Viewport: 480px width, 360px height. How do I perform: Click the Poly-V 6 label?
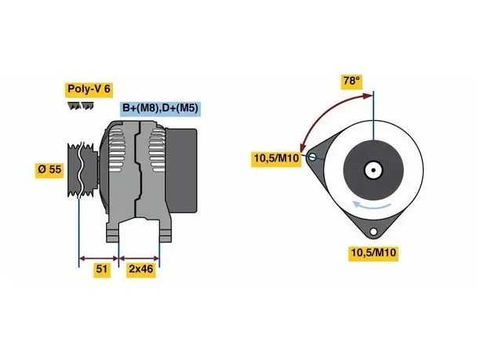pyautogui.click(x=89, y=89)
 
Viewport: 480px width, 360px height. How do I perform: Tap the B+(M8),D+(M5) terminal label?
pyautogui.click(x=160, y=108)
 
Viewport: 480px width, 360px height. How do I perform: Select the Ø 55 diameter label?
pyautogui.click(x=49, y=169)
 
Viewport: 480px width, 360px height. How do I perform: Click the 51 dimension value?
pyautogui.click(x=102, y=269)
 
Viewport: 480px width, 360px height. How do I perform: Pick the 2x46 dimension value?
pyautogui.click(x=141, y=269)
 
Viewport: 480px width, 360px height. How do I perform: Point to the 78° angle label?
pyautogui.click(x=351, y=81)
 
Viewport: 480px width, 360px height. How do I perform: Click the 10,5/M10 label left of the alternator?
pyautogui.click(x=276, y=158)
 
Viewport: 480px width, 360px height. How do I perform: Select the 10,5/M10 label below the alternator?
pyautogui.click(x=373, y=253)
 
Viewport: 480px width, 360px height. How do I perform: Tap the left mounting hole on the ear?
pyautogui.click(x=312, y=158)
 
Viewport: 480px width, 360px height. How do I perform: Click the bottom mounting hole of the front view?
pyautogui.click(x=373, y=231)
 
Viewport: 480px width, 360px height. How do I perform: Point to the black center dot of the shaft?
pyautogui.click(x=373, y=170)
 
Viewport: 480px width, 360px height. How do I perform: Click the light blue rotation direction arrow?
pyautogui.click(x=371, y=205)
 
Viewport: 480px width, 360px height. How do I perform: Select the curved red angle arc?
pyautogui.click(x=325, y=114)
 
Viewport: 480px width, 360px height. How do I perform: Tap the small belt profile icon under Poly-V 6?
pyautogui.click(x=81, y=106)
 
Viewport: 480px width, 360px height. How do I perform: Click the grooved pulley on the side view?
pyautogui.click(x=82, y=169)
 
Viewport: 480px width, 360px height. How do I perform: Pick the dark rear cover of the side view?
pyautogui.click(x=181, y=170)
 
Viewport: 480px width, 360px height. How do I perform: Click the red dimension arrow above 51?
pyautogui.click(x=99, y=258)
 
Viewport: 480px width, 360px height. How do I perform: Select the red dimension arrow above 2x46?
pyautogui.click(x=139, y=258)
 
